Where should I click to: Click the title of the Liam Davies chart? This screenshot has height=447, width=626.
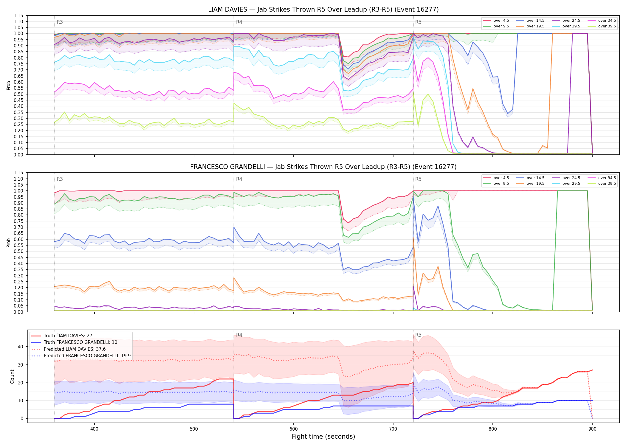pos(323,10)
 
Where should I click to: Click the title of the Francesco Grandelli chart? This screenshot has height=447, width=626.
pos(323,167)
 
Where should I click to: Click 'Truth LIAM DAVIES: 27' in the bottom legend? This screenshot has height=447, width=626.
pos(68,336)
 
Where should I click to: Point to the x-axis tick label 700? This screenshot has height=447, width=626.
pos(393,429)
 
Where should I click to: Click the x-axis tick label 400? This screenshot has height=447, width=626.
pos(94,429)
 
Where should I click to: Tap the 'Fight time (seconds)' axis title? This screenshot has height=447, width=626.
pos(323,437)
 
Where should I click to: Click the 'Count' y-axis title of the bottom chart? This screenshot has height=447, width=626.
pos(12,376)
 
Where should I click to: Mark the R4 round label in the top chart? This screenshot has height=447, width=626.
pos(239,22)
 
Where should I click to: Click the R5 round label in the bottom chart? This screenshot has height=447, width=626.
pos(418,335)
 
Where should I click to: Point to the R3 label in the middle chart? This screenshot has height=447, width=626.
pos(60,179)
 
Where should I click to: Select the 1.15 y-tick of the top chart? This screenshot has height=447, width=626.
pos(18,15)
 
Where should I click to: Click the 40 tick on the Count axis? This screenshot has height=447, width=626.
pos(20,347)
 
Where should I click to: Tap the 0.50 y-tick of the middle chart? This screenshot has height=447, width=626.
pos(18,251)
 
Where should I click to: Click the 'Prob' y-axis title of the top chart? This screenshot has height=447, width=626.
pos(8,85)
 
